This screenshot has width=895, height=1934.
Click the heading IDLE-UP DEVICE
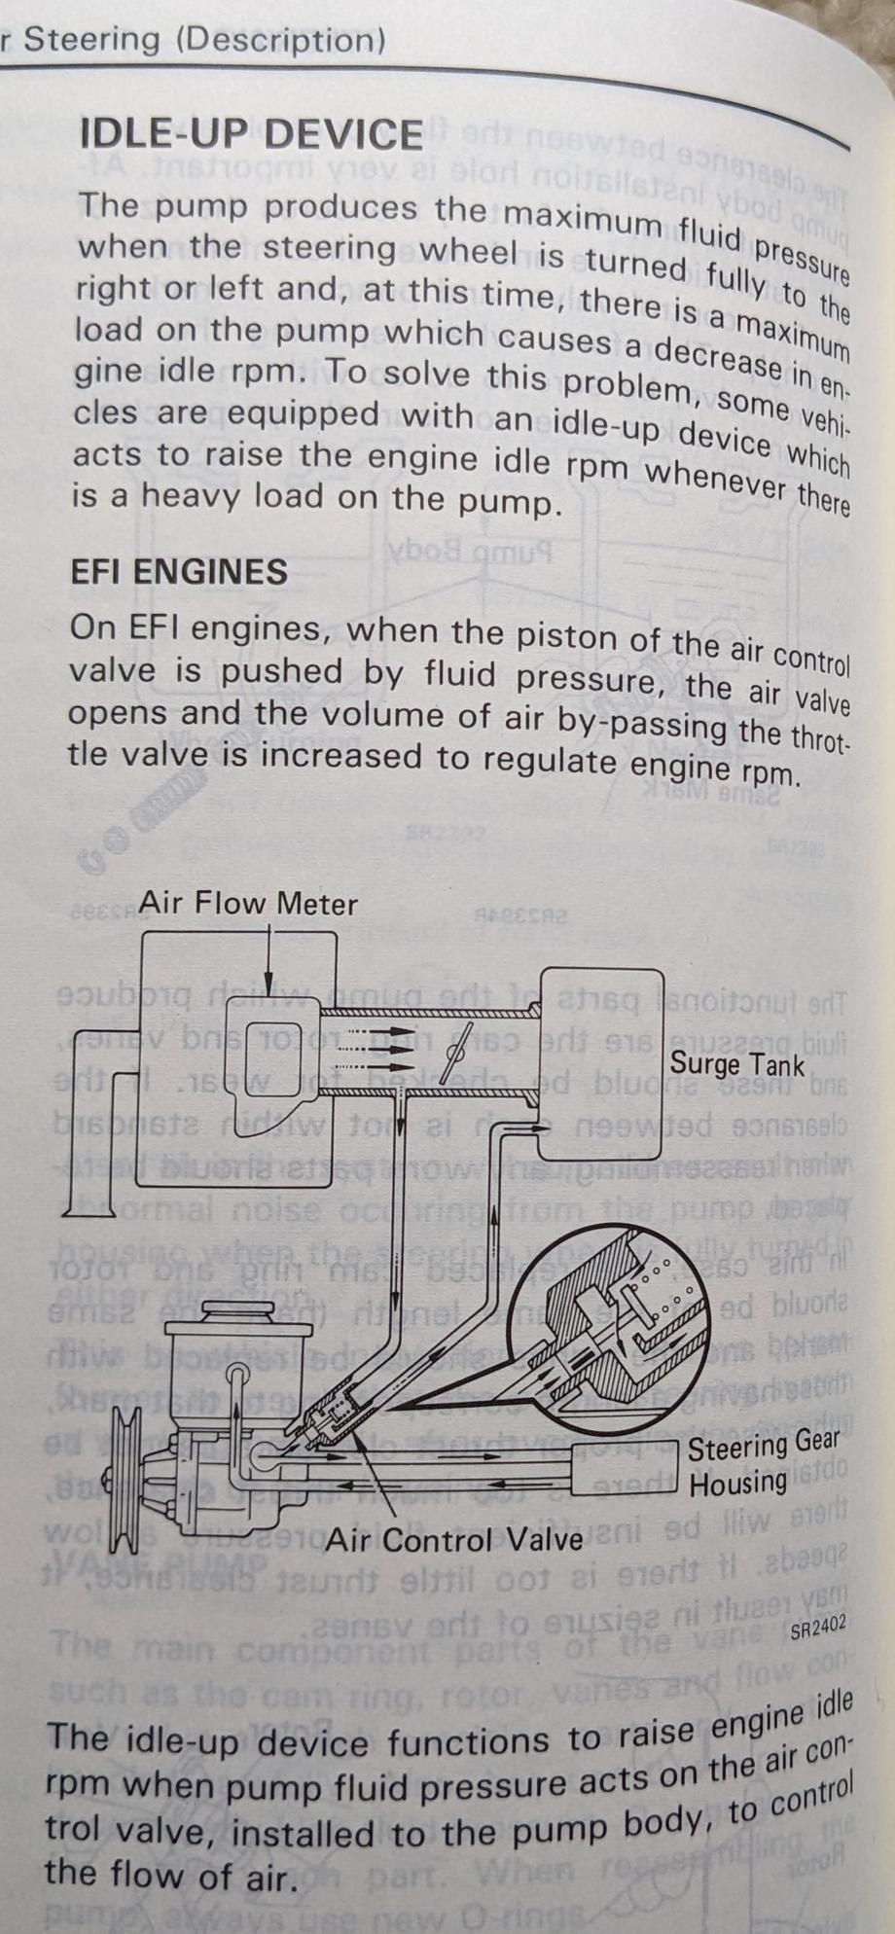tap(251, 133)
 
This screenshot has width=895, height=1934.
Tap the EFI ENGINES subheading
tap(179, 571)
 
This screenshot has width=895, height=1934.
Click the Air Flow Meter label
tap(247, 904)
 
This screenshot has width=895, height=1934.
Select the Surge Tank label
tap(736, 1063)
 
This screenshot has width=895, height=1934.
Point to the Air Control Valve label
tap(453, 1539)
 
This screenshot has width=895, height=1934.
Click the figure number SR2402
tap(817, 1627)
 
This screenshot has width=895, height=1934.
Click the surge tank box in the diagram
tap(601, 1062)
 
